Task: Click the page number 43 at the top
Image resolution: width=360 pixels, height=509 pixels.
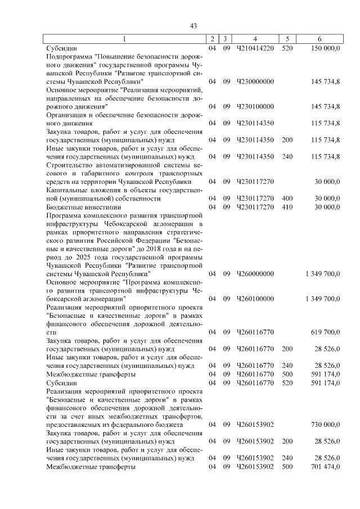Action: coord(193,26)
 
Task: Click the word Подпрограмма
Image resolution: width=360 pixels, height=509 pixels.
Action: coord(69,57)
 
